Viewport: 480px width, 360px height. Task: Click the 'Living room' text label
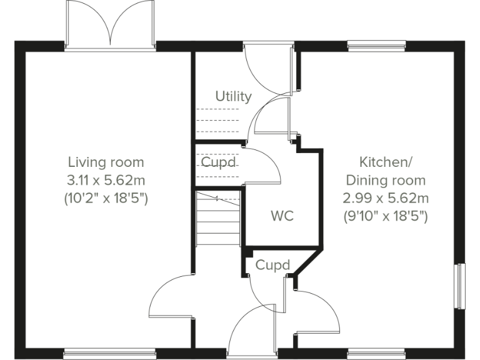pyautogui.click(x=106, y=162)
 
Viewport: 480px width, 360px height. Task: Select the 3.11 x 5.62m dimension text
pyautogui.click(x=106, y=181)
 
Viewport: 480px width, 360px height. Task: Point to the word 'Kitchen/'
pyautogui.click(x=385, y=162)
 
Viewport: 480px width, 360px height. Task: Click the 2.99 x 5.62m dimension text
pyautogui.click(x=385, y=199)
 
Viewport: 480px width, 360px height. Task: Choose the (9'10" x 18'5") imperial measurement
pyautogui.click(x=385, y=217)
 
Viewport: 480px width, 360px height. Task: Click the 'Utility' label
pyautogui.click(x=233, y=96)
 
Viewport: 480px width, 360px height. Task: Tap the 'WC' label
pyautogui.click(x=282, y=217)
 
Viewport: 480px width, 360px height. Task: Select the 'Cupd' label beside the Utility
pyautogui.click(x=218, y=162)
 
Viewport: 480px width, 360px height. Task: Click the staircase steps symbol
pyautogui.click(x=218, y=219)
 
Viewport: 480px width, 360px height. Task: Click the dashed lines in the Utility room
pyautogui.click(x=217, y=121)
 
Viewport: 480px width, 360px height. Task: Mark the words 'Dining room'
pyautogui.click(x=385, y=181)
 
